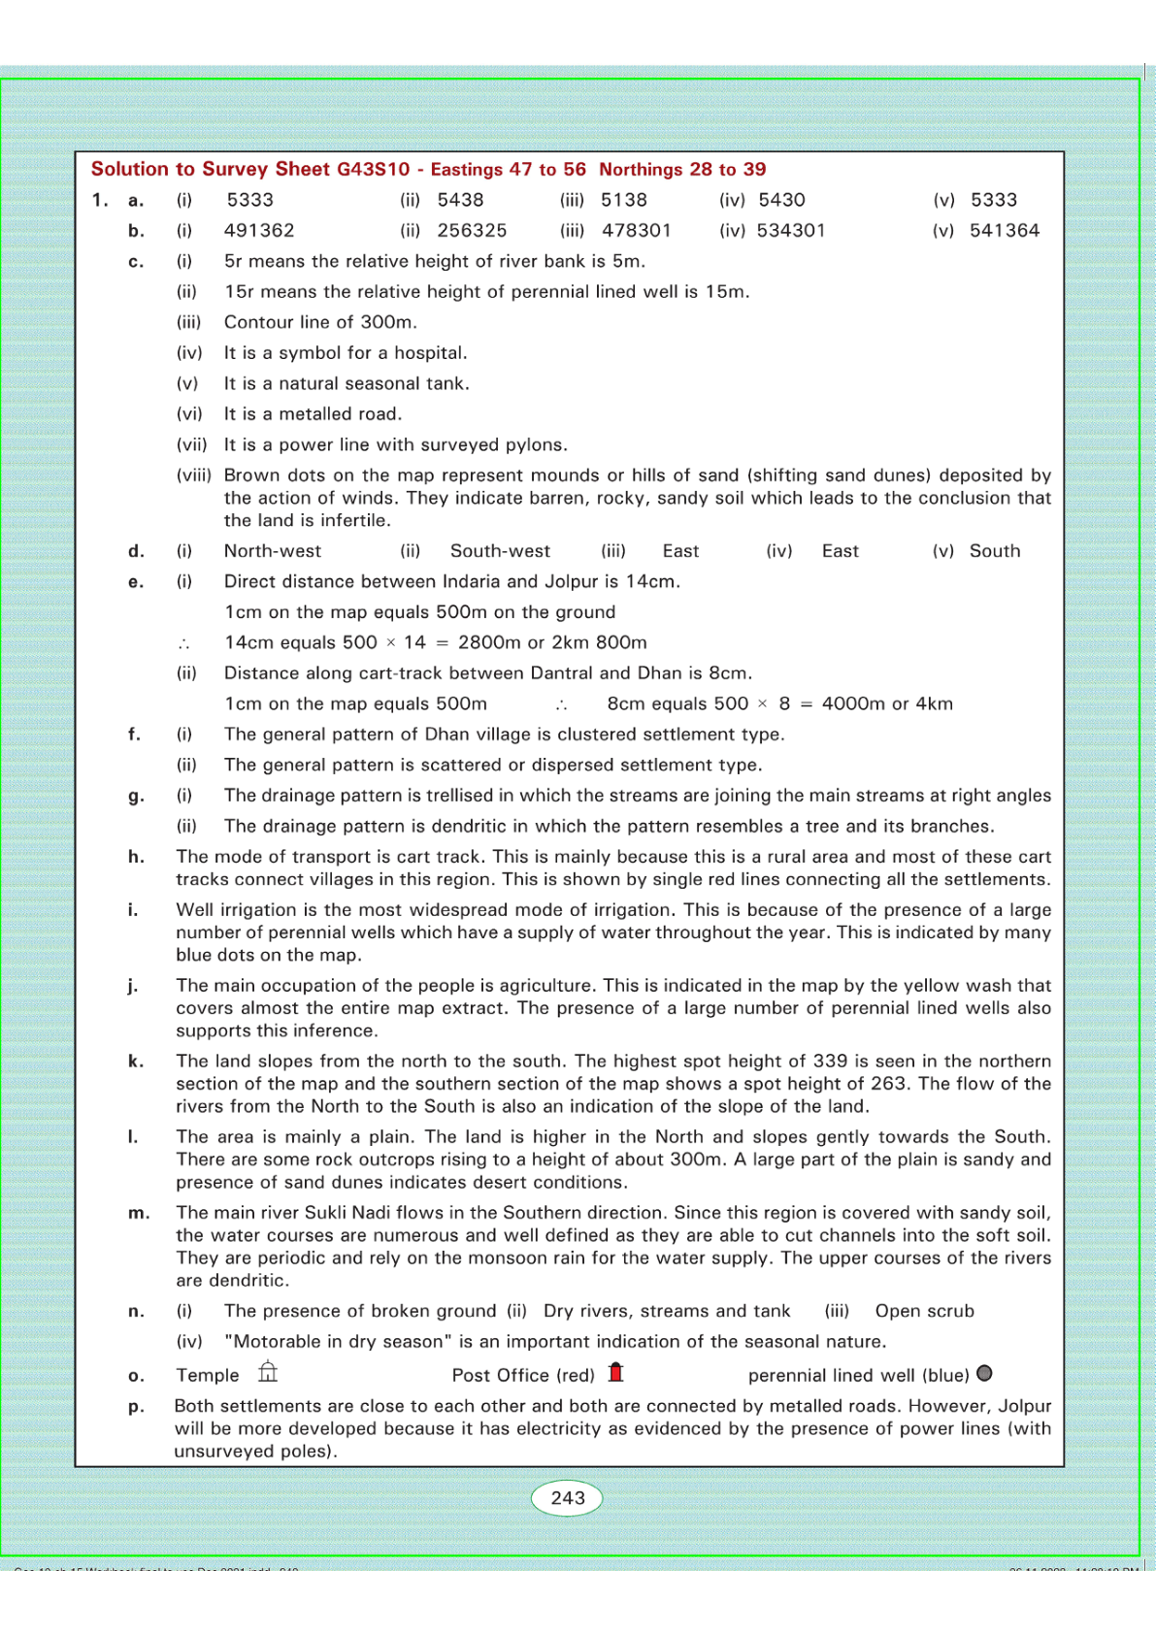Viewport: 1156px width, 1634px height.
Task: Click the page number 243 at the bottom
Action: click(x=568, y=1498)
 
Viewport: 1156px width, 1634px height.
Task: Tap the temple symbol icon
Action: click(x=268, y=1372)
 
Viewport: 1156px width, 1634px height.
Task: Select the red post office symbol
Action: click(x=615, y=1372)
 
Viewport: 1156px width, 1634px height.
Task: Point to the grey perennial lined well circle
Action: click(x=984, y=1373)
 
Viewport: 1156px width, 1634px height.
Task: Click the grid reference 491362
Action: click(x=259, y=231)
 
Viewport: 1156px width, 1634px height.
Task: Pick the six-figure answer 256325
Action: click(x=472, y=231)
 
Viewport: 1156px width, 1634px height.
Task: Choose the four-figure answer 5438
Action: click(x=460, y=200)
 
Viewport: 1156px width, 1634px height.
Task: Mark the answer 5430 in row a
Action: click(x=781, y=200)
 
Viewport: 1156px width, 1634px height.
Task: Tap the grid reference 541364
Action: click(x=1005, y=231)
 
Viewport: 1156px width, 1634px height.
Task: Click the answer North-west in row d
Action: click(x=273, y=551)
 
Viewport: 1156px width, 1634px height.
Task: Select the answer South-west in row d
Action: click(x=500, y=551)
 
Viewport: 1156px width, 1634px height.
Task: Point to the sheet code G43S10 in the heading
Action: click(x=374, y=170)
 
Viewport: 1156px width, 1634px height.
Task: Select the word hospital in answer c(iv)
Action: click(x=429, y=353)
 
